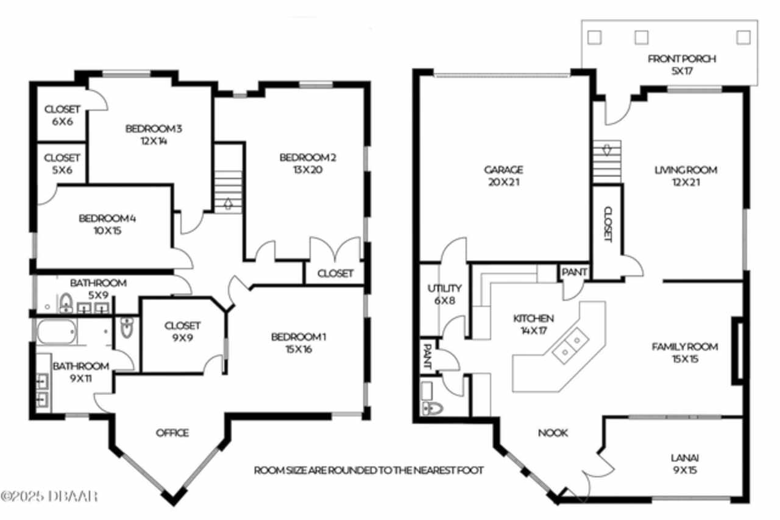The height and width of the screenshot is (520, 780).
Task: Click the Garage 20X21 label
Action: click(503, 176)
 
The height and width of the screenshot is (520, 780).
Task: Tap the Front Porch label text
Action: click(682, 59)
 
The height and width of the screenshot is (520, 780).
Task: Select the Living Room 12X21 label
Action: click(686, 176)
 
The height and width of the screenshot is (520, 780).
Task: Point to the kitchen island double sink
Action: click(571, 346)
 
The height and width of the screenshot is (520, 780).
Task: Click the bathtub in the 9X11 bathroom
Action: click(56, 331)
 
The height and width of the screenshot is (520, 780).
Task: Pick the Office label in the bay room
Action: click(172, 433)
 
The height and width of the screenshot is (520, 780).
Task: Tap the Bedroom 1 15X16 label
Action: click(299, 343)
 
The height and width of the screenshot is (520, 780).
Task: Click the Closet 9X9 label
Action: click(182, 331)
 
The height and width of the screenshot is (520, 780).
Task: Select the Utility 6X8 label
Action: click(445, 294)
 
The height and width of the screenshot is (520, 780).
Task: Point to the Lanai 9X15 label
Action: click(685, 464)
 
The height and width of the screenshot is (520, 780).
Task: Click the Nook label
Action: click(553, 433)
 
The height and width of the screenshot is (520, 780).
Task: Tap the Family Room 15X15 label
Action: click(685, 353)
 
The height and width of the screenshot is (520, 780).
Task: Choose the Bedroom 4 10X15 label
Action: click(107, 224)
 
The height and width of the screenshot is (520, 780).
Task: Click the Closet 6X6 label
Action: click(62, 115)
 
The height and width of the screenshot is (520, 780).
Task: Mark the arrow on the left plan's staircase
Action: click(228, 203)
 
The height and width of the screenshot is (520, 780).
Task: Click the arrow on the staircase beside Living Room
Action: click(607, 150)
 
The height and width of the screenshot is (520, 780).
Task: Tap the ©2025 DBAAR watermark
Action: click(49, 496)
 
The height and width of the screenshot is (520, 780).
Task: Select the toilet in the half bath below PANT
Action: click(432, 409)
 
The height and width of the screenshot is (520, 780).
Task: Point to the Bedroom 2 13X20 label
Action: click(308, 164)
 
